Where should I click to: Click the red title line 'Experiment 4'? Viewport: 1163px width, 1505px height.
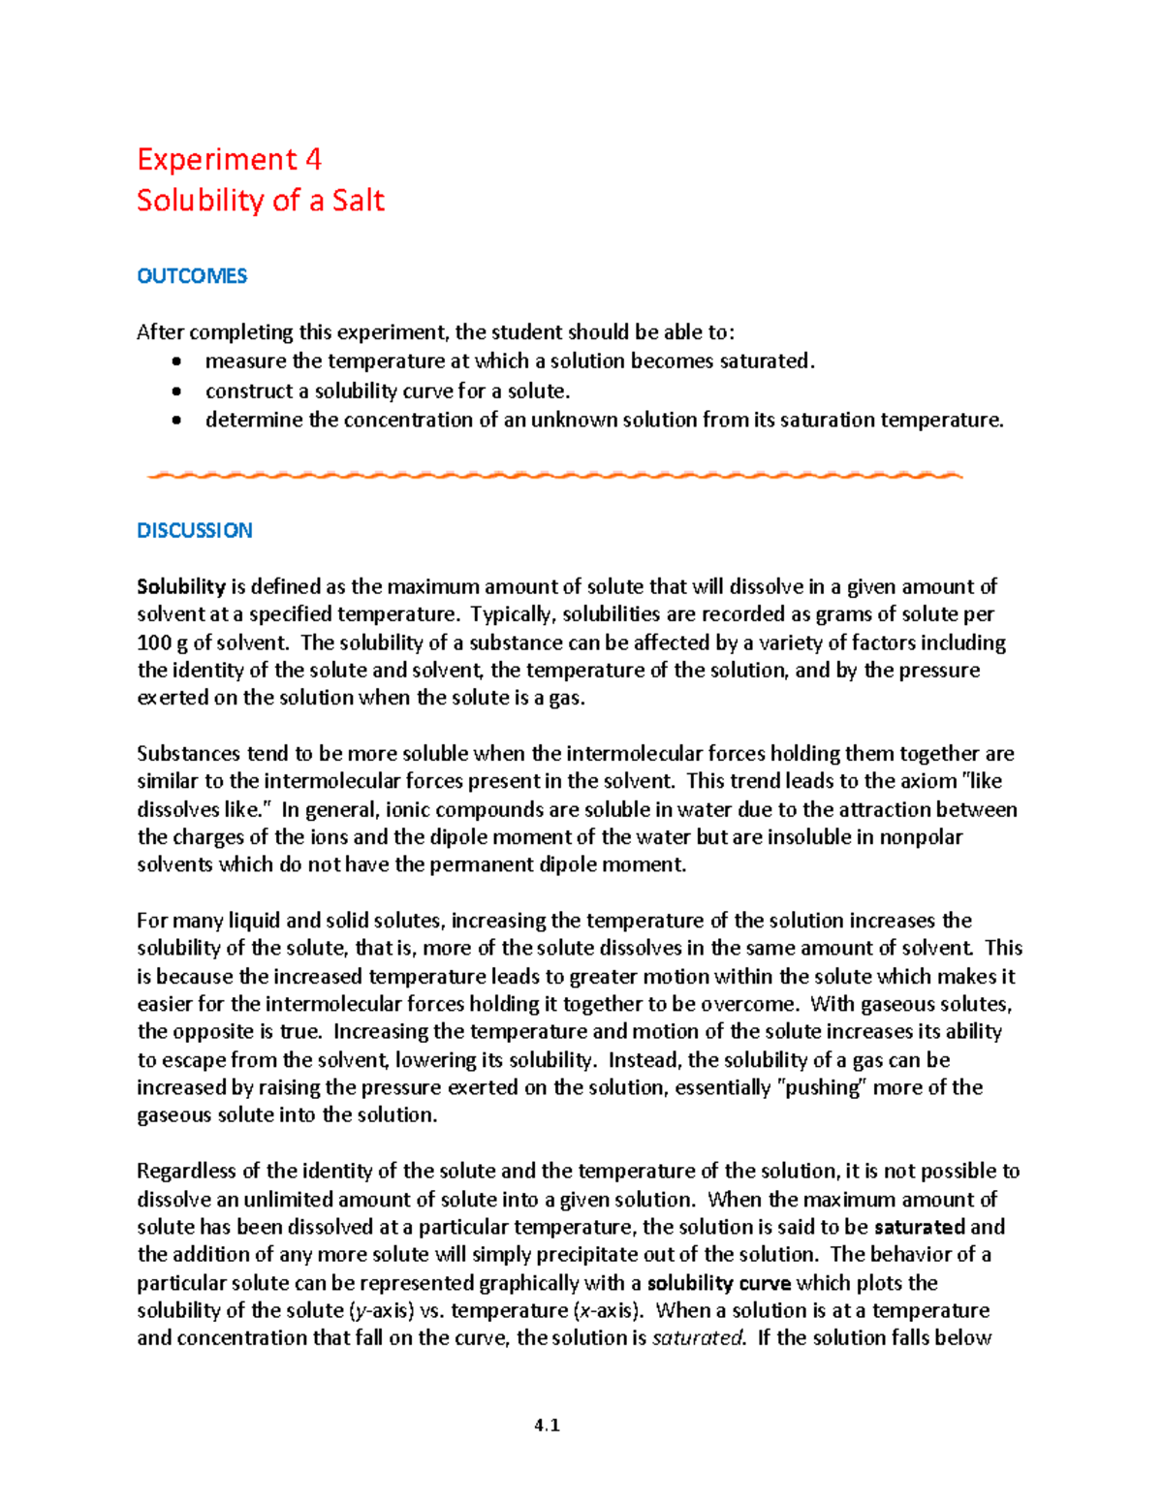[x=229, y=159]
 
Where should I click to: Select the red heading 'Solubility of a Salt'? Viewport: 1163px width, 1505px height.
[x=261, y=201]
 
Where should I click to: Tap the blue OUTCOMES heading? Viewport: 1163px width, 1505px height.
[x=192, y=276]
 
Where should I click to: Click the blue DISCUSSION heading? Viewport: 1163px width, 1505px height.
[x=195, y=530]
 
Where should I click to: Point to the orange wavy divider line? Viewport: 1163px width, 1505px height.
[x=553, y=475]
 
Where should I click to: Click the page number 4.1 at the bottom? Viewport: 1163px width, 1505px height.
[x=547, y=1425]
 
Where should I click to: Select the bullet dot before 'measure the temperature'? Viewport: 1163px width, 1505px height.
[x=175, y=362]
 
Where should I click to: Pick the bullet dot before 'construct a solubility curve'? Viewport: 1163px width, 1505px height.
[x=175, y=392]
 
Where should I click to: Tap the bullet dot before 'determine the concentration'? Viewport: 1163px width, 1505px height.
[x=175, y=421]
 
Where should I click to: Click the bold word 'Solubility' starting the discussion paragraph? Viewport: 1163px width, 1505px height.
[x=181, y=586]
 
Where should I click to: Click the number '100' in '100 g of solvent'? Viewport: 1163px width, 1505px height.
[x=153, y=643]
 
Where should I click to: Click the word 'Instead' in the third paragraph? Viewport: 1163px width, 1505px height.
[x=644, y=1059]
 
